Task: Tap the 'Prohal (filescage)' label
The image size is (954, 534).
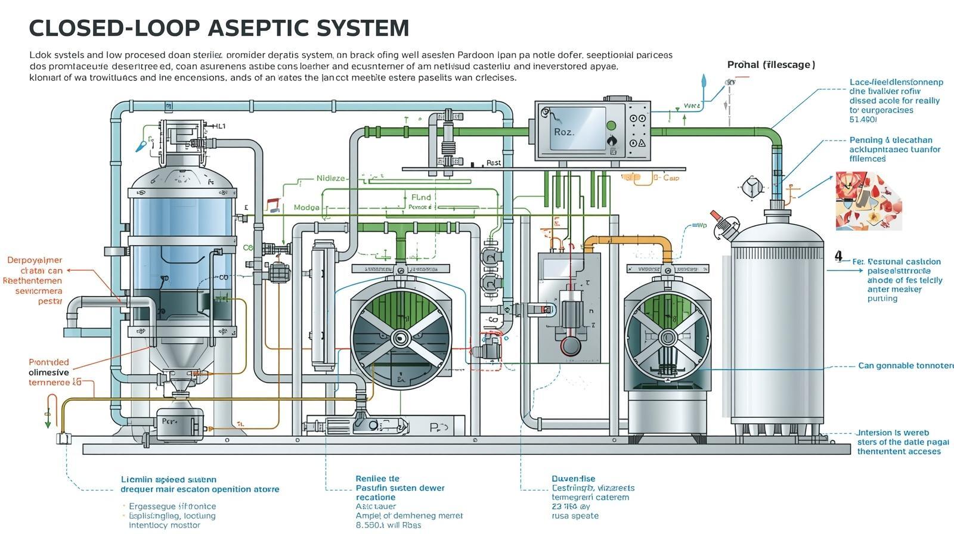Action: (770, 64)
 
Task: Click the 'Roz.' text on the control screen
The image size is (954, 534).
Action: (563, 132)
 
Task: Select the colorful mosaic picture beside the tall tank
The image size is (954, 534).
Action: (868, 201)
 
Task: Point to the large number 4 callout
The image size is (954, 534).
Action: (838, 256)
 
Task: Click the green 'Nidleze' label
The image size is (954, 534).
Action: (330, 178)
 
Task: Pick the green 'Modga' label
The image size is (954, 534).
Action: (306, 207)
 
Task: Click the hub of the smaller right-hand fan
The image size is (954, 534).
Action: (667, 338)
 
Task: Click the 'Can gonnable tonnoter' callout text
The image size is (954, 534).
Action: (905, 365)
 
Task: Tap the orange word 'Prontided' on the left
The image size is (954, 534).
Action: (49, 362)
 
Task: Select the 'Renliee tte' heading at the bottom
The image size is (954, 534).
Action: (377, 478)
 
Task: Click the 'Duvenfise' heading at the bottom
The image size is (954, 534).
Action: (573, 478)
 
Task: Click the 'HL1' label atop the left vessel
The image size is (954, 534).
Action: (219, 126)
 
